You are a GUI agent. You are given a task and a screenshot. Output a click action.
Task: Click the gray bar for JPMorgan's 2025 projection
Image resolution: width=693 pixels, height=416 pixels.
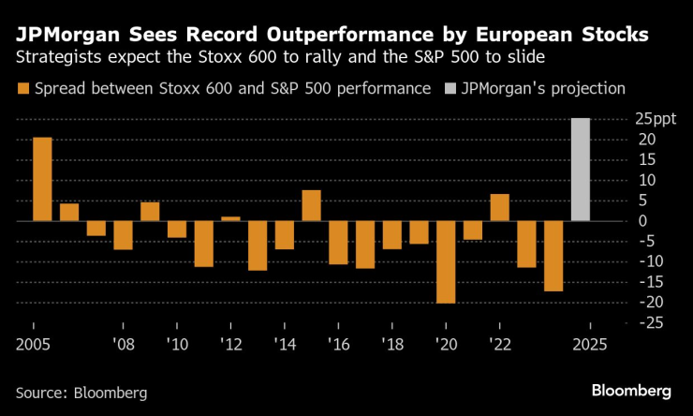(x=581, y=170)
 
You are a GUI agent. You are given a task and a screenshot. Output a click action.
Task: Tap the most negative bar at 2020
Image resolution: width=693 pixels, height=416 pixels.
(x=446, y=262)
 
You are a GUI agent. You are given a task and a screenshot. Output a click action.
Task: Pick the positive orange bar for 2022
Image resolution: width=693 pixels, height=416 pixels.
(x=499, y=207)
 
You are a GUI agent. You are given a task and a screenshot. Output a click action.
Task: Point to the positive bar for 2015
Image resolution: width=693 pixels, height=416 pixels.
(x=311, y=205)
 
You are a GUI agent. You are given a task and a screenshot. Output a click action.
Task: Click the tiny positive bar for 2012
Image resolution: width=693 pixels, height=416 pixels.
(x=230, y=218)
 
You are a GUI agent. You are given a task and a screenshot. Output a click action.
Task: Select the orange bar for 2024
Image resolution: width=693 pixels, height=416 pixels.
(x=553, y=256)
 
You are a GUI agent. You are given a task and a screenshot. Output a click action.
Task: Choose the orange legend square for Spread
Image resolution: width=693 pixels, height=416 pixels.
(x=22, y=90)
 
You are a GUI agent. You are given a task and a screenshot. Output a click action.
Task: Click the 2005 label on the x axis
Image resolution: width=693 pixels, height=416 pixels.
(x=34, y=344)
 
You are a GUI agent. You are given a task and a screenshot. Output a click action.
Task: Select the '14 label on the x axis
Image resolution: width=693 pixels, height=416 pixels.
(x=284, y=344)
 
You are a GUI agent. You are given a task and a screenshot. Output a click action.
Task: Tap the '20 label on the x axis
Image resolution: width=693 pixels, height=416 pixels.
(x=445, y=344)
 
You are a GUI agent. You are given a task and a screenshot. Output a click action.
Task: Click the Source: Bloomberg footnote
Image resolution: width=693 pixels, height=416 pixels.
(x=81, y=391)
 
